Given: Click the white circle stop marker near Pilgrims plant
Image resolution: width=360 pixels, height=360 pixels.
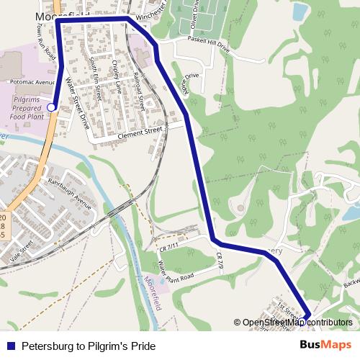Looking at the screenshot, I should click(51, 107).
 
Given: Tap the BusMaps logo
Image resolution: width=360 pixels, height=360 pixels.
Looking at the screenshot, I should click(325, 346).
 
